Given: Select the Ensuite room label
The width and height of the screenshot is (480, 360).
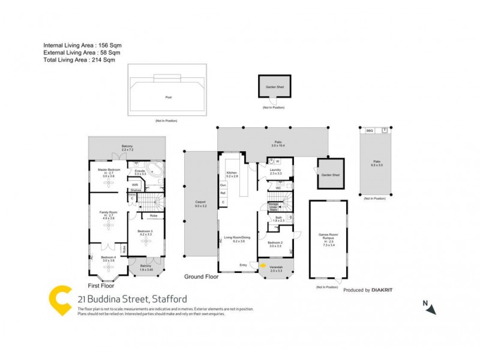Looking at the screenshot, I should click(x=139, y=170).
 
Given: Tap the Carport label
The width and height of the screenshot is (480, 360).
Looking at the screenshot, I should click(x=200, y=202).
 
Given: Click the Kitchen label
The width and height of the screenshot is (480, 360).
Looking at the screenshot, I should click(x=232, y=173).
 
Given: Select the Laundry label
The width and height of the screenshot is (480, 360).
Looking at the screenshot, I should click(x=276, y=170).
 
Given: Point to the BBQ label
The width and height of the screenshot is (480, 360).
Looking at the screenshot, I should click(x=370, y=130).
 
